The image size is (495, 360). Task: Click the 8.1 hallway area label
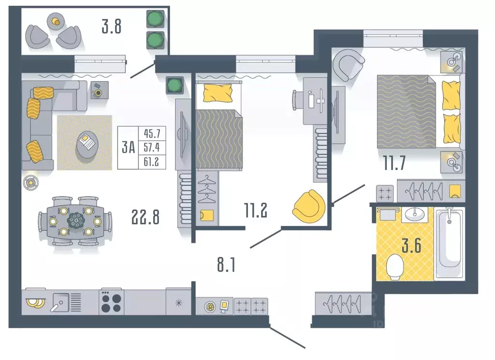pos(226,265)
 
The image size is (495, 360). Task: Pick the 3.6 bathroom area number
pos(411,246)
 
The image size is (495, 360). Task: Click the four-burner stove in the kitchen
pos(111,302)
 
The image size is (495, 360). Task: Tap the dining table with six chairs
pos(75,221)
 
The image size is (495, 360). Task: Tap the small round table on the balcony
pos(56,22)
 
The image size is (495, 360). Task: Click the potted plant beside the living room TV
pos(174,85)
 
